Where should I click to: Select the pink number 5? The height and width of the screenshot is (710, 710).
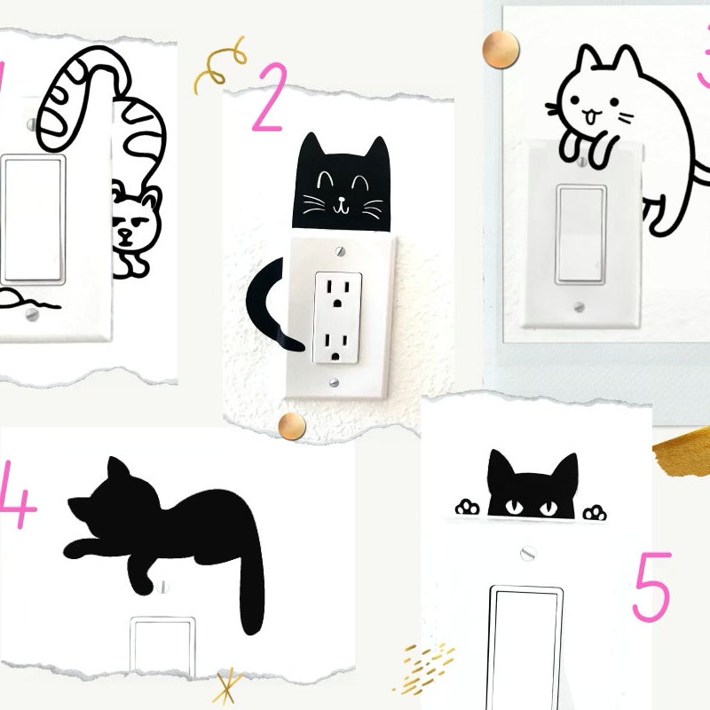[652, 588]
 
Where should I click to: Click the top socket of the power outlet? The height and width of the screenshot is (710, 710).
[335, 288]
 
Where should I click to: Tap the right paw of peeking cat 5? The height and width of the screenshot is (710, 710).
[595, 513]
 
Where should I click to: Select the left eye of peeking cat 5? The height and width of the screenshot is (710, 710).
[512, 508]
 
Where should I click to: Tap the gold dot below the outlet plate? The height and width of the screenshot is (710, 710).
[292, 426]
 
